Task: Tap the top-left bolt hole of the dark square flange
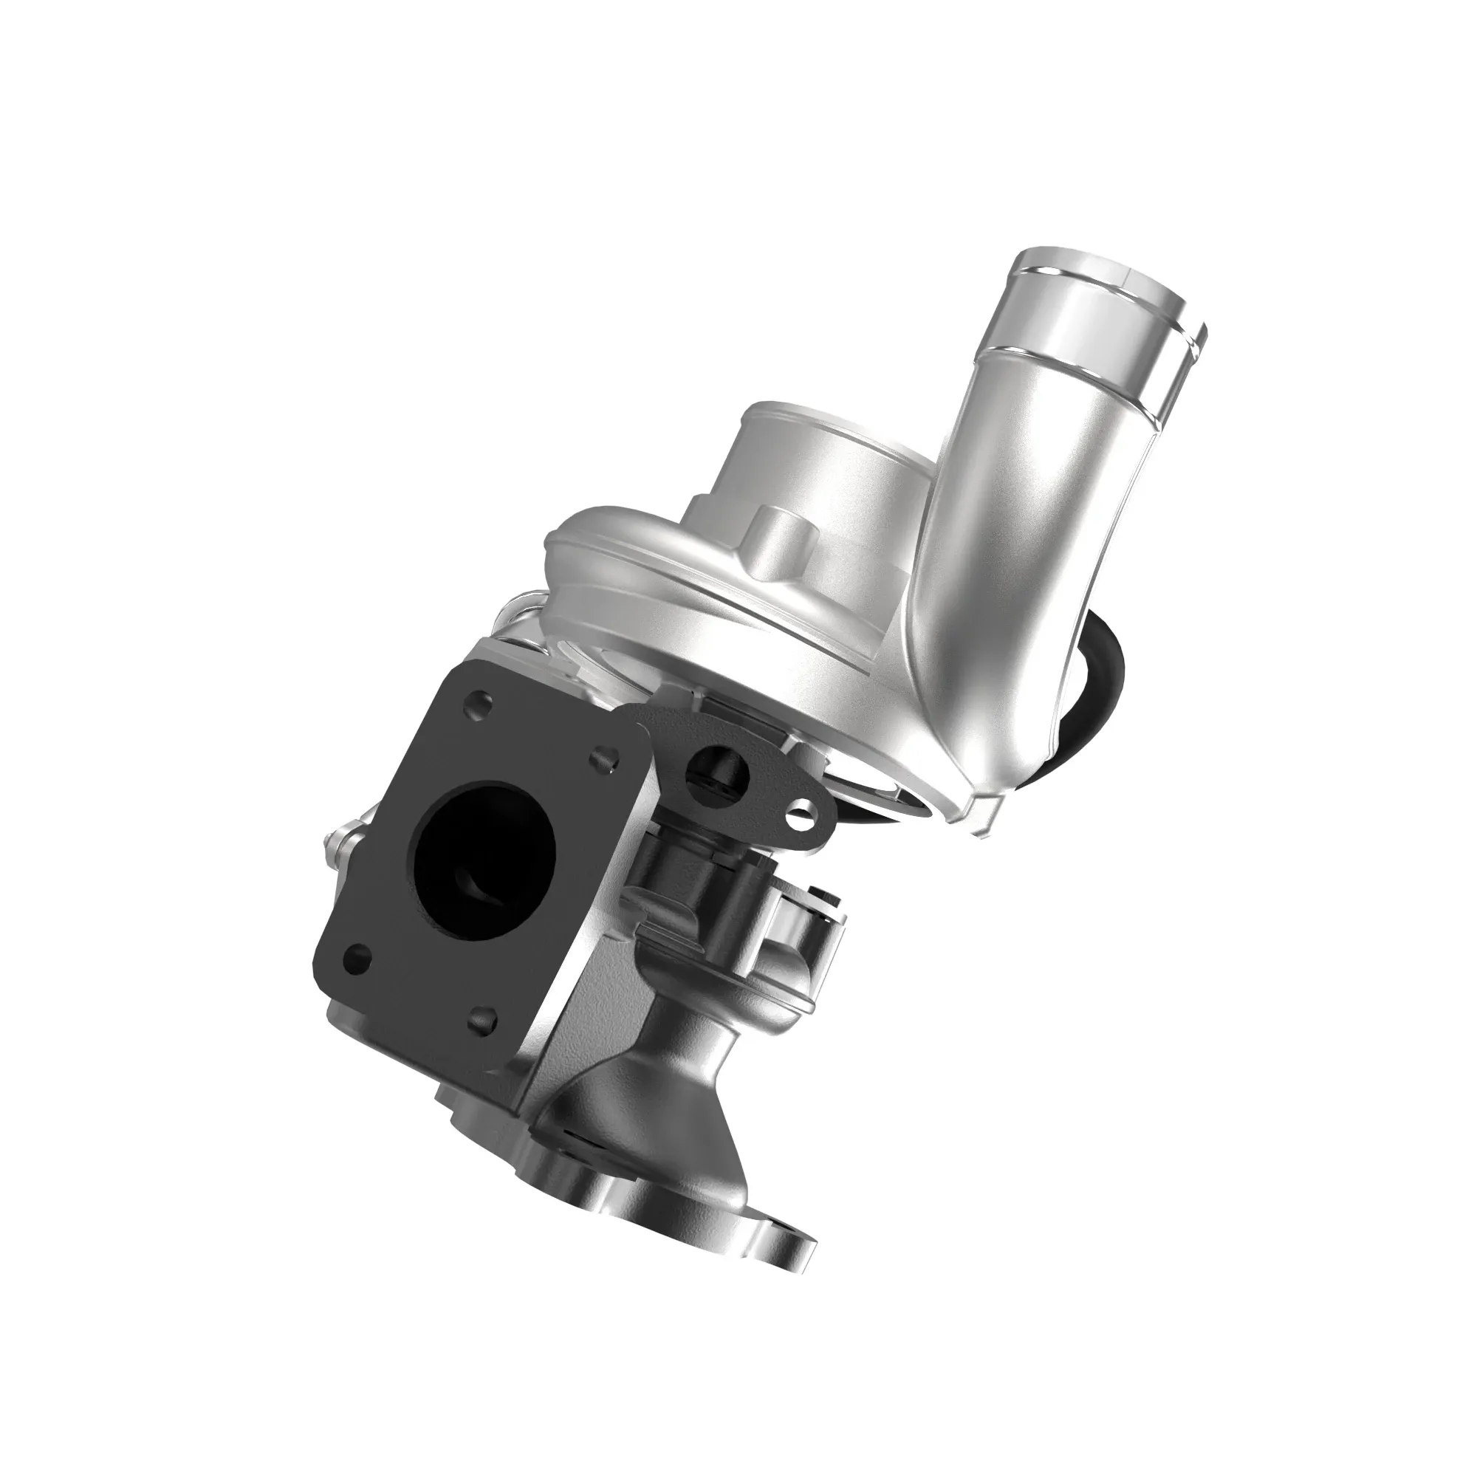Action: (477, 702)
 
